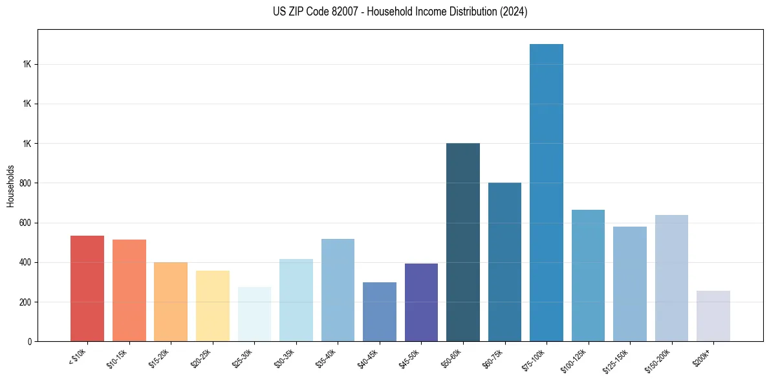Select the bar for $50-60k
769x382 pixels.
click(x=463, y=242)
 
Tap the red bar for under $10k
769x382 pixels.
click(x=87, y=289)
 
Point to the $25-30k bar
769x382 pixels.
click(x=254, y=314)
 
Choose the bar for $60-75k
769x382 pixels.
click(x=504, y=262)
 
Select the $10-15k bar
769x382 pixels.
click(x=129, y=291)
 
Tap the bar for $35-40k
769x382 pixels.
click(x=338, y=290)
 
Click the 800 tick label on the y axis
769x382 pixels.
click(x=27, y=183)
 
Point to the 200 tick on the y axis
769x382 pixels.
click(x=27, y=302)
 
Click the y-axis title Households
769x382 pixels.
click(x=10, y=186)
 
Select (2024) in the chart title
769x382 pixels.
click(x=514, y=12)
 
